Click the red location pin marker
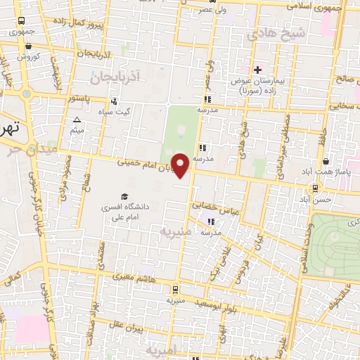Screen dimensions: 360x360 pos(181,166)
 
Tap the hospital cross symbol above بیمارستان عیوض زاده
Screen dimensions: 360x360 pos(257,70)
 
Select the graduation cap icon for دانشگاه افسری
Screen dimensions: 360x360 pos(124,195)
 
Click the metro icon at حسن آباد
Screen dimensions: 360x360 pos(315,188)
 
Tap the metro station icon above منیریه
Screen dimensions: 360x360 pos(174,288)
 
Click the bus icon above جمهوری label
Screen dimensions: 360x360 pos(22,21)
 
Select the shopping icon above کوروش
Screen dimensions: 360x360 pos(27,44)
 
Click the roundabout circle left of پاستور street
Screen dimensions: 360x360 pos(26,94)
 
